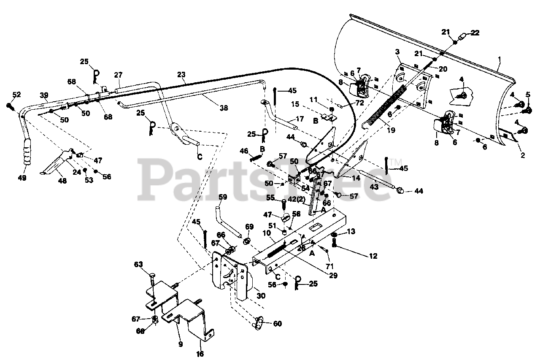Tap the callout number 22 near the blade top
click(475, 33)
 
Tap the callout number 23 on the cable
click(181, 75)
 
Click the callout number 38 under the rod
click(224, 108)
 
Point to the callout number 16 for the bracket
click(200, 354)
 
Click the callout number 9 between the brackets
click(181, 344)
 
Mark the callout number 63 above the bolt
click(139, 265)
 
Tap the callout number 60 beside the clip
click(277, 324)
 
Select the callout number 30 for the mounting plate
click(261, 296)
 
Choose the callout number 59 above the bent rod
click(223, 197)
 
